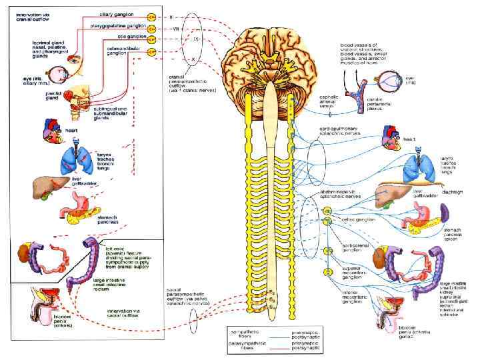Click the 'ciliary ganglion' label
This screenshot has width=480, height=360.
[116, 13]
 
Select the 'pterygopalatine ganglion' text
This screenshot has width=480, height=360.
[117, 25]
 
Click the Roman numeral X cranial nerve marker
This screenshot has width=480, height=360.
[193, 60]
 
